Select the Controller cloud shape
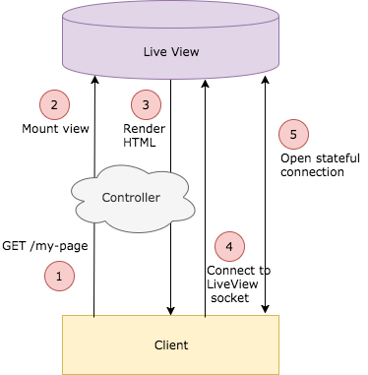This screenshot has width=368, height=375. coord(131,198)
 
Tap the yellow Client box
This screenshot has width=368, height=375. coord(170,344)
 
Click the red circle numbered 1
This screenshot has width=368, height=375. coord(59,278)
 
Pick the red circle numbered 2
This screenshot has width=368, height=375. coord(54,104)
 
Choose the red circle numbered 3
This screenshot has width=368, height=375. coord(146,104)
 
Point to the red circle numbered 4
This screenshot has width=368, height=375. coord(228,246)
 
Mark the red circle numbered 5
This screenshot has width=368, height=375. coord(293,134)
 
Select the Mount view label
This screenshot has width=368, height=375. coord(55,129)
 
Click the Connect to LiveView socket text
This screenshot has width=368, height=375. coord(238,283)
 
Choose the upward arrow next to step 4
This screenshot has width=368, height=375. coord(205,197)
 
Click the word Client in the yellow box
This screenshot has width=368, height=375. coord(170,344)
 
